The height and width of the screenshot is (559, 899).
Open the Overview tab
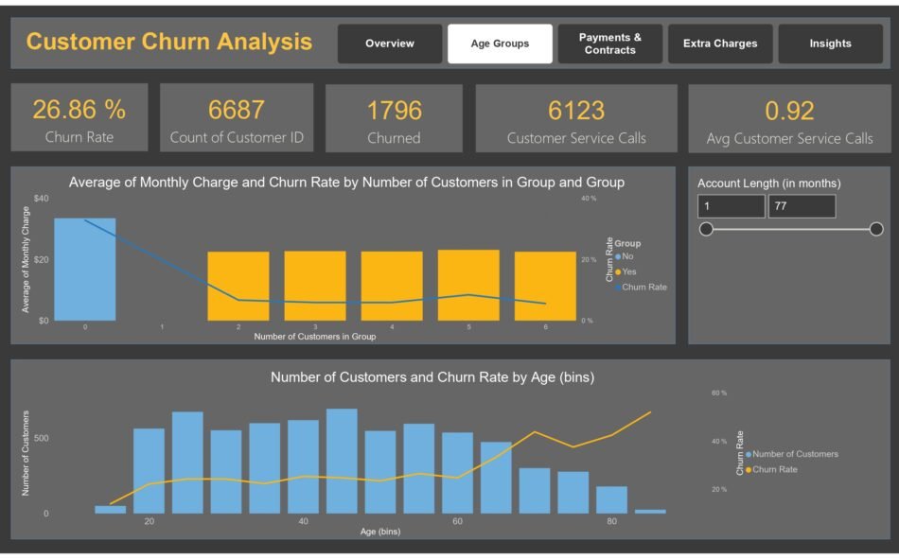tap(390, 44)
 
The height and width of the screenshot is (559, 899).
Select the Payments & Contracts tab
tap(609, 44)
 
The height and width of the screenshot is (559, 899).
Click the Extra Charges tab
tap(720, 44)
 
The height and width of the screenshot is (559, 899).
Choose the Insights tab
tap(830, 44)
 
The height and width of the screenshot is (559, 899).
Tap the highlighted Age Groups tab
tap(499, 44)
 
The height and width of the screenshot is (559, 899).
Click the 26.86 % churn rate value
tap(79, 110)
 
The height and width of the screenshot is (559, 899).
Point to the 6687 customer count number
tap(237, 110)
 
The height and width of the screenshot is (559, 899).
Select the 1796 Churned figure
tap(394, 111)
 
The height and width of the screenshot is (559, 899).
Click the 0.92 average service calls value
tap(789, 111)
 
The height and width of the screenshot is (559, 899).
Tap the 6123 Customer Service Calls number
tap(576, 111)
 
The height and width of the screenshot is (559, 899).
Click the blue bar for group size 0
tap(85, 270)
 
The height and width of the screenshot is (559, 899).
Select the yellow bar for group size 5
tap(468, 285)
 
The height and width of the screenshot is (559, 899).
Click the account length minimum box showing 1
tap(731, 206)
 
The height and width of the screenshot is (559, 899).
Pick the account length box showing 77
tap(802, 206)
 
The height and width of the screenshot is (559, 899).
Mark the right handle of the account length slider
tap(876, 229)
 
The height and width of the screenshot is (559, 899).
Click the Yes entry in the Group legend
tap(628, 271)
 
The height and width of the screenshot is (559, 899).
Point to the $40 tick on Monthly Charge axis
tap(41, 199)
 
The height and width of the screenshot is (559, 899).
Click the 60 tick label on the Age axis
tap(457, 522)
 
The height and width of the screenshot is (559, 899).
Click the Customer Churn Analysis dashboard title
tap(169, 42)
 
